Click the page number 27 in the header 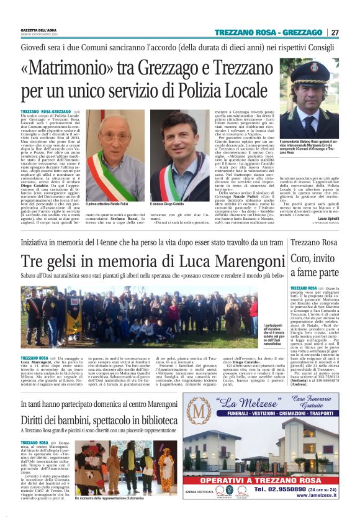coord(335,32)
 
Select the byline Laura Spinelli coord(326,219)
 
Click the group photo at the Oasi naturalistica coord(133,314)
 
